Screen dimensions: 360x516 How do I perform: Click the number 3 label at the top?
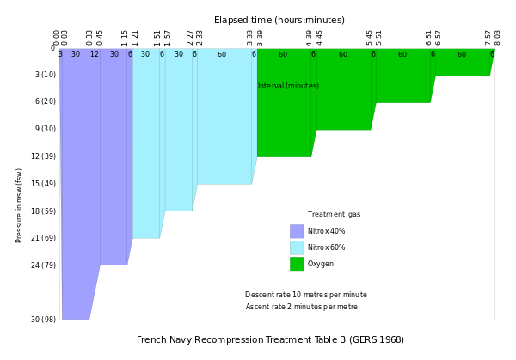tap(60, 54)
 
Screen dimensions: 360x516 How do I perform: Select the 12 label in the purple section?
tap(95, 54)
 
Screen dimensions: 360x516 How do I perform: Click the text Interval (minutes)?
tap(288, 86)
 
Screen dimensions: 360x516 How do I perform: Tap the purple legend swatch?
tap(297, 231)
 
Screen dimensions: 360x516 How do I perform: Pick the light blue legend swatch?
tap(297, 247)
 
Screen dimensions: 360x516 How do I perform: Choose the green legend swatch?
tap(297, 264)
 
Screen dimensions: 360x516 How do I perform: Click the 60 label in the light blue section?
tap(222, 54)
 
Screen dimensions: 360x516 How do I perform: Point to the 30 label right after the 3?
tap(76, 54)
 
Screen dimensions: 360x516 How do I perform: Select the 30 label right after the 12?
tap(114, 54)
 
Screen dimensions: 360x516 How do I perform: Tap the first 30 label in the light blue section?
tap(145, 54)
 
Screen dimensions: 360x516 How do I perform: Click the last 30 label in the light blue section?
tap(179, 54)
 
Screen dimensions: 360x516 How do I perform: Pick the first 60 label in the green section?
tap(283, 54)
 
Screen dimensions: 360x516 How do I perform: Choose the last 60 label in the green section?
tap(462, 54)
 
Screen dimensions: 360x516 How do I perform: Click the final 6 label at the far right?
tap(492, 54)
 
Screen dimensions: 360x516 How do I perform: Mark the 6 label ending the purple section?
tap(130, 54)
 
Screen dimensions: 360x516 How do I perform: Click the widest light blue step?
tap(224, 120)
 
